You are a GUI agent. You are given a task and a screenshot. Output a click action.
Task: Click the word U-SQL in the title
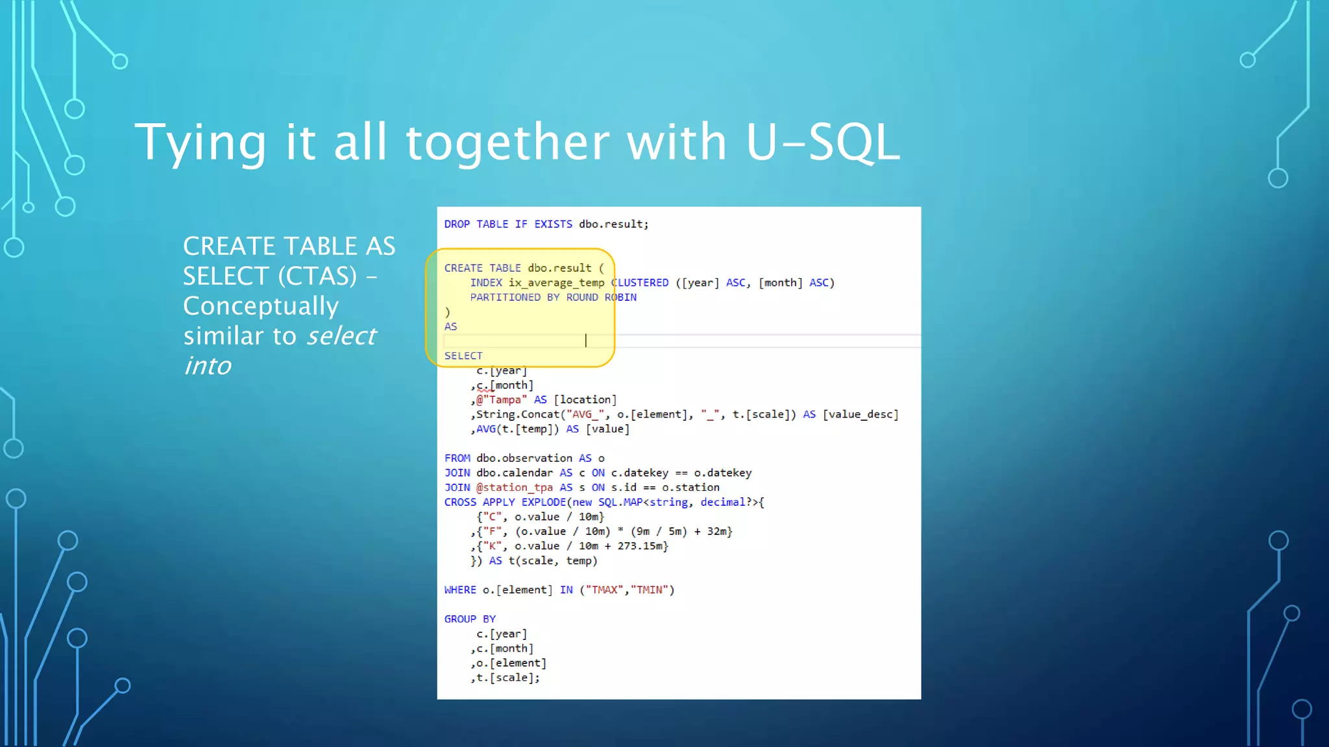(822, 142)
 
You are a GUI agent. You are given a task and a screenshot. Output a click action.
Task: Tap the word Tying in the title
(201, 143)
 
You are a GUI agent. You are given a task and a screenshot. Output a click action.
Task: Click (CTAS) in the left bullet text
(317, 276)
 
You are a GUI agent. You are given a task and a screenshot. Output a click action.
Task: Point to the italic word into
(207, 366)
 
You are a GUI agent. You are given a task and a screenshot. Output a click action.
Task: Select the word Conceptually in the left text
(260, 306)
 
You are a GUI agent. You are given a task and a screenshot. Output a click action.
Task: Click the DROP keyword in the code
(457, 224)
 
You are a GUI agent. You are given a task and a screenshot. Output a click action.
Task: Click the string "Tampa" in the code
(504, 400)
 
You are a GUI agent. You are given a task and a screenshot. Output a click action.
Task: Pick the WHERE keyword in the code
(460, 590)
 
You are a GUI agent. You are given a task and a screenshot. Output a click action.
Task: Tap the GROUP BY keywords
(470, 619)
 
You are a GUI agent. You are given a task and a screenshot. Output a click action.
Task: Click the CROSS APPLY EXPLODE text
(505, 503)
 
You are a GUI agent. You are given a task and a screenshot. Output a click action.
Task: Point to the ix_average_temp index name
(556, 283)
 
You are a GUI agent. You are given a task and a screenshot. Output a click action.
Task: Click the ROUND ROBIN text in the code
(601, 298)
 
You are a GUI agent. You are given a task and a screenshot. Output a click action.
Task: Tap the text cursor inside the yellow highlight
(586, 340)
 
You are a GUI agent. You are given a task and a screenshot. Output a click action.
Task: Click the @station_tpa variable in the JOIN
(514, 488)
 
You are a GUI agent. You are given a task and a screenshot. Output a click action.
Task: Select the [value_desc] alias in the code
(860, 414)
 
